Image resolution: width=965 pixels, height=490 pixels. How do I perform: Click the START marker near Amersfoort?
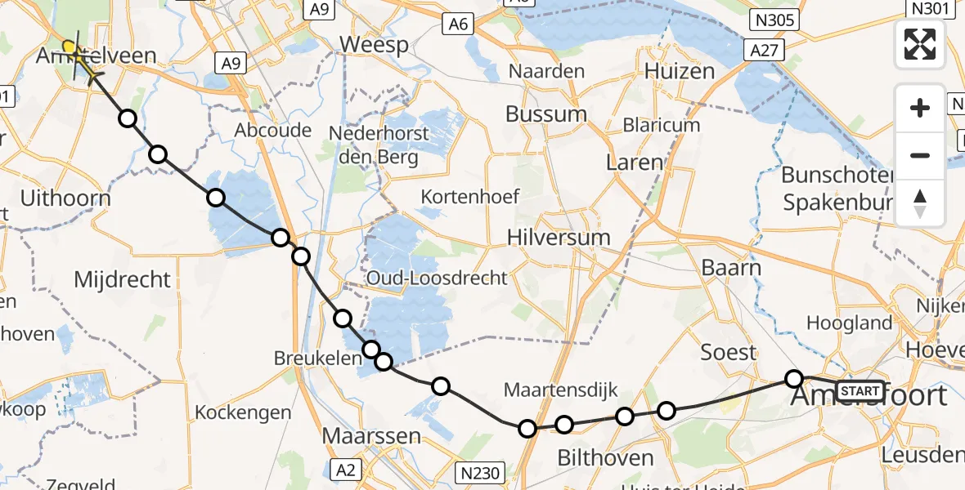860,390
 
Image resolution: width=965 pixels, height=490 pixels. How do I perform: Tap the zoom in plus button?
920,108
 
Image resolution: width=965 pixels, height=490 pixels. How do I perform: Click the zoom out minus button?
920,155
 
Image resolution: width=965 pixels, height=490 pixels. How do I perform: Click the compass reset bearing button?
920,203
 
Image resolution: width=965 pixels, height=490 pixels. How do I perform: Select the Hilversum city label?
559,238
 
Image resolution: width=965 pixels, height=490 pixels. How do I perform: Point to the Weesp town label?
374,44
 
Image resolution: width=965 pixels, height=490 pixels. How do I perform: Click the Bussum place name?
545,114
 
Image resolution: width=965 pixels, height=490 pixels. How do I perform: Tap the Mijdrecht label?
123,279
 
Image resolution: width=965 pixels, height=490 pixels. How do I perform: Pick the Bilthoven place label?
605,457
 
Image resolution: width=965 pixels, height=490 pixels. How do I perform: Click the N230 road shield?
479,472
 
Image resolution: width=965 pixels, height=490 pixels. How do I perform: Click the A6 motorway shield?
458,24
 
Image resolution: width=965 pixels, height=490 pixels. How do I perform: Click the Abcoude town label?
273,130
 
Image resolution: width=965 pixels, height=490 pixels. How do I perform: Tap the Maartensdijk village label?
560,390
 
